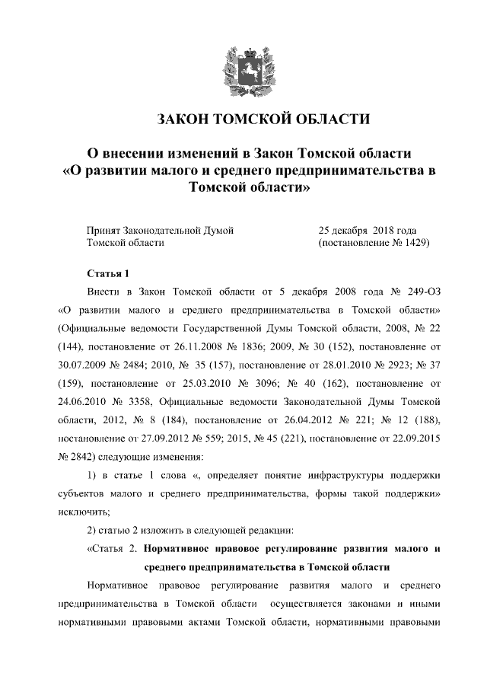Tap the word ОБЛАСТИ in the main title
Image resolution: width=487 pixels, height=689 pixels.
(332, 120)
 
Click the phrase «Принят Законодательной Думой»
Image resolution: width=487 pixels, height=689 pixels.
(159, 229)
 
